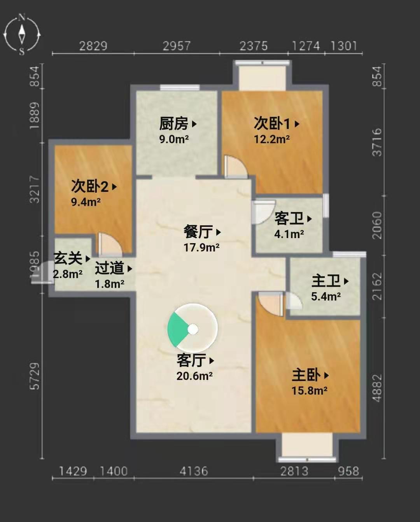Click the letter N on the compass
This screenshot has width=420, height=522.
tap(22, 17)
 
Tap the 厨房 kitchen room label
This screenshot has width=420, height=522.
tap(173, 124)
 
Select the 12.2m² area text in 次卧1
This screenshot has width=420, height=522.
tap(271, 139)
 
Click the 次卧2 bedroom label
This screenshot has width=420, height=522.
tap(89, 186)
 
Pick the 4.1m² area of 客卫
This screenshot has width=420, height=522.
tap(289, 234)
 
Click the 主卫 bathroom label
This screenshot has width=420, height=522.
tap(326, 281)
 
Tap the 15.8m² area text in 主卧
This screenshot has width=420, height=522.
tap(309, 391)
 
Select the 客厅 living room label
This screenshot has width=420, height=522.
tap(191, 360)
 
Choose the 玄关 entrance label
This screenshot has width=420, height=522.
tap(68, 258)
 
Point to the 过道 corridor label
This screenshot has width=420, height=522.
tap(109, 268)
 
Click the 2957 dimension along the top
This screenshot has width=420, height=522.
tap(176, 46)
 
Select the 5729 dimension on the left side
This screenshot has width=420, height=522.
tap(34, 376)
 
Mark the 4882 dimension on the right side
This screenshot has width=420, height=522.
tap(377, 388)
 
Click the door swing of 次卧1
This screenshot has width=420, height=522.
tap(236, 166)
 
